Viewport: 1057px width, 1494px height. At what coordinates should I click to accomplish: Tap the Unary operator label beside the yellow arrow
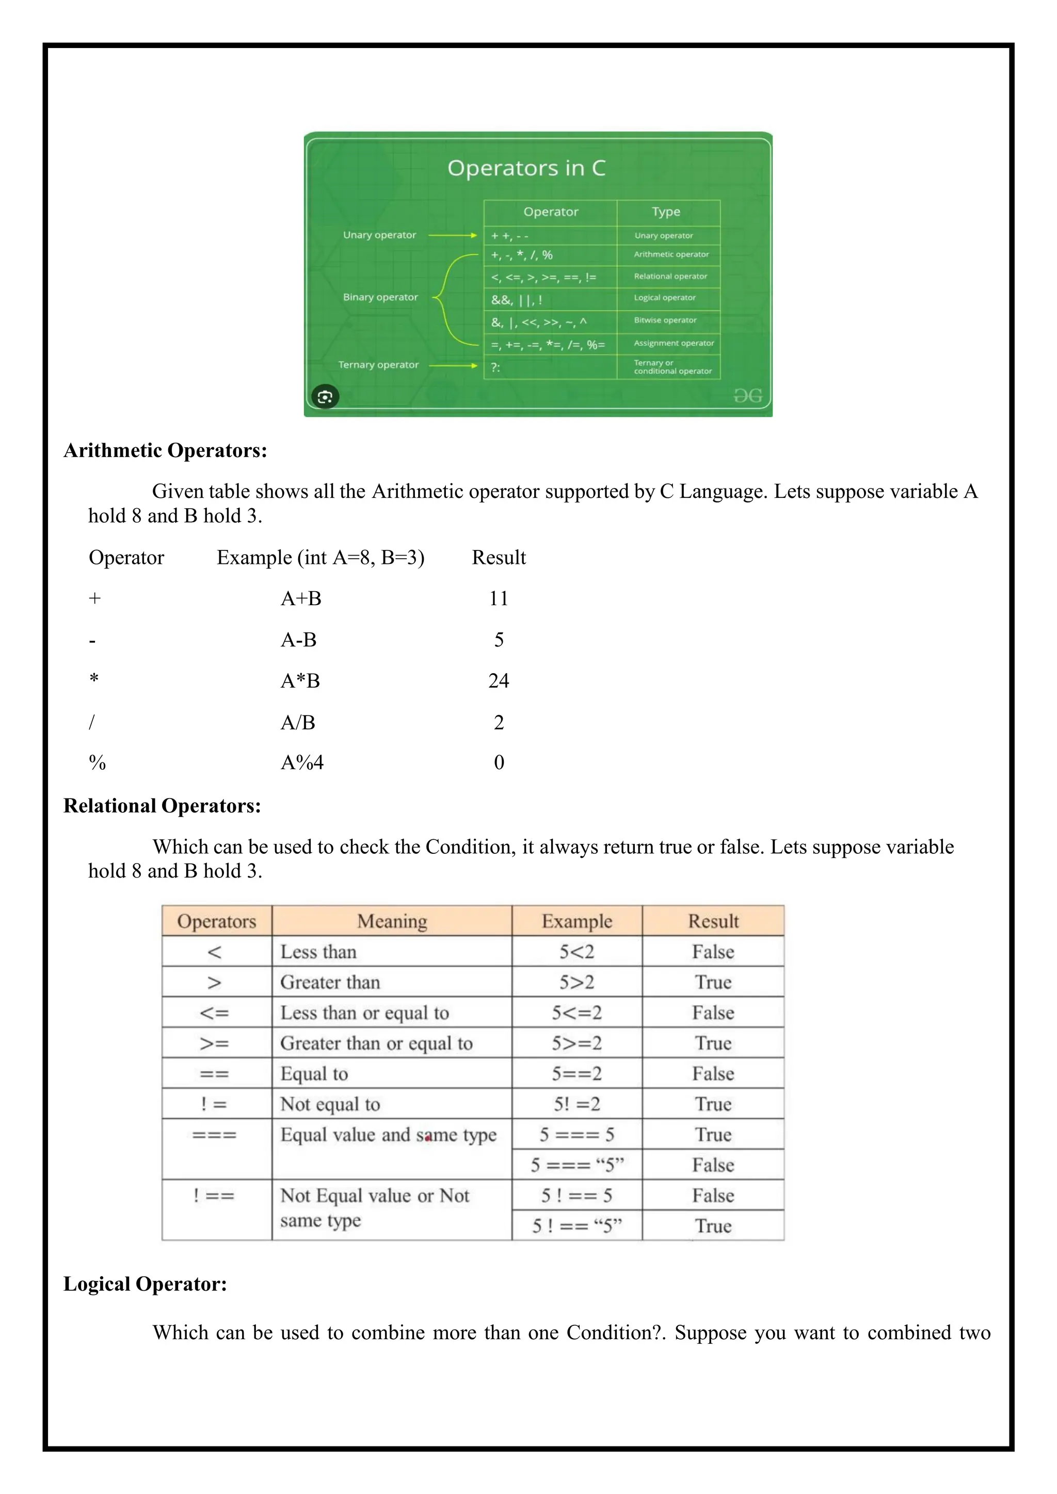point(379,235)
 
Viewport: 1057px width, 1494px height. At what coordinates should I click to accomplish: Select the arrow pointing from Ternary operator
point(453,366)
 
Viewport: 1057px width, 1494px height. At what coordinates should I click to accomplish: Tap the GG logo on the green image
point(747,396)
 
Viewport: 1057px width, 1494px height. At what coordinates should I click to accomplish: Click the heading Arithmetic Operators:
point(165,450)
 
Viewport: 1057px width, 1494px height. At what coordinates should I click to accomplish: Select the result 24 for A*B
point(499,680)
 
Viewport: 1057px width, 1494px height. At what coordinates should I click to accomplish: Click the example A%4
point(302,762)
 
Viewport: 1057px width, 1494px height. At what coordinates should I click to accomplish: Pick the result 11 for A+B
point(499,598)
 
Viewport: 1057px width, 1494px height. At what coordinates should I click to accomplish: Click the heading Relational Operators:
point(162,806)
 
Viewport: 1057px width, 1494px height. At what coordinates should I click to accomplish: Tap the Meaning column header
point(392,921)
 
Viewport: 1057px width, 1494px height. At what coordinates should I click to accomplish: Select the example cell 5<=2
point(576,1013)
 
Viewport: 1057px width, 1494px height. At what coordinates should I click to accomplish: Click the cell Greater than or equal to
point(376,1043)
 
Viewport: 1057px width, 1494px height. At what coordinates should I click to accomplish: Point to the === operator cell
point(214,1135)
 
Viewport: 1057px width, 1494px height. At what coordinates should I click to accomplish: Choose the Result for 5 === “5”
point(713,1165)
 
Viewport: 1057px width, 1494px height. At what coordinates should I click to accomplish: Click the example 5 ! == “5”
point(576,1226)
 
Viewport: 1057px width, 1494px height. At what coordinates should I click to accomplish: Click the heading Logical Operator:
point(145,1284)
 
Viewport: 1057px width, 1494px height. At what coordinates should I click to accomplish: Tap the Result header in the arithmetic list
point(499,558)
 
